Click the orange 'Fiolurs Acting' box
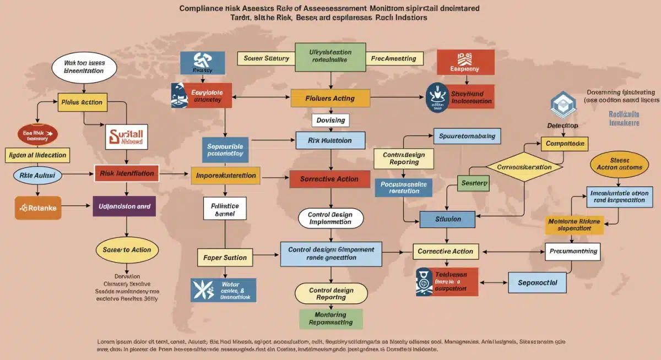pyautogui.click(x=329, y=98)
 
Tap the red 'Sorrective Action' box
pyautogui.click(x=329, y=179)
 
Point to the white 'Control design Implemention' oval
pyautogui.click(x=330, y=218)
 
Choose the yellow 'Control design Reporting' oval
pyautogui.click(x=331, y=293)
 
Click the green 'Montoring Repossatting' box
pyautogui.click(x=331, y=318)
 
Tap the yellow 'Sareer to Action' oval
pyautogui.click(x=127, y=249)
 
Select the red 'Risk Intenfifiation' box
pyautogui.click(x=127, y=173)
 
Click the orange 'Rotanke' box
pyautogui.click(x=38, y=208)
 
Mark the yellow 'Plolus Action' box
pyautogui.click(x=82, y=102)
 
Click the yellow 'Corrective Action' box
pyautogui.click(x=445, y=251)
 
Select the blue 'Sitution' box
pyautogui.click(x=448, y=219)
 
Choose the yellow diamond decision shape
pyautogui.click(x=524, y=167)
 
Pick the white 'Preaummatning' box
pyautogui.click(x=573, y=251)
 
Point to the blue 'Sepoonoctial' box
pyautogui.click(x=538, y=282)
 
